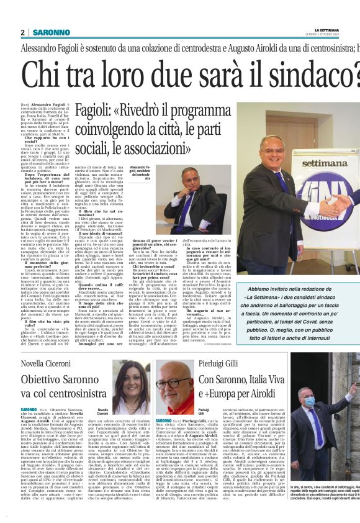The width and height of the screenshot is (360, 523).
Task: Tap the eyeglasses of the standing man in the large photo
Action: click(272, 144)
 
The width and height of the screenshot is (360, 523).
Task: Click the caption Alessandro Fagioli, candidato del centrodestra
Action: click(140, 172)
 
